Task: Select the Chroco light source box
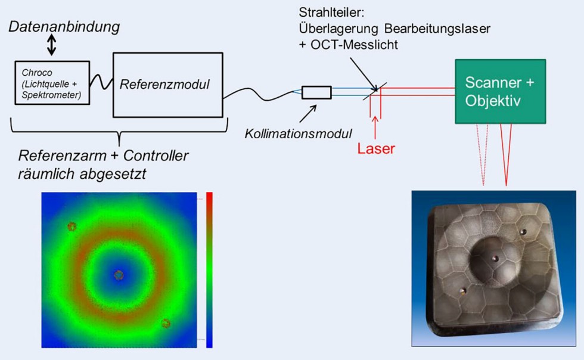coord(51,83)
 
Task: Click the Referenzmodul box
coord(167,84)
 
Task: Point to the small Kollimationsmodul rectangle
coord(316,92)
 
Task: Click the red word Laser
coord(376,148)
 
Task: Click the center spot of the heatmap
coord(119,275)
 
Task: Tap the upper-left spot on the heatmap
coord(72,226)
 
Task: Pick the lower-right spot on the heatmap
coord(166,324)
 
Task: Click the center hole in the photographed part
coord(495,257)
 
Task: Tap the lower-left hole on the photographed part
coord(462,290)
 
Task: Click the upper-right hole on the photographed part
coord(523,231)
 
